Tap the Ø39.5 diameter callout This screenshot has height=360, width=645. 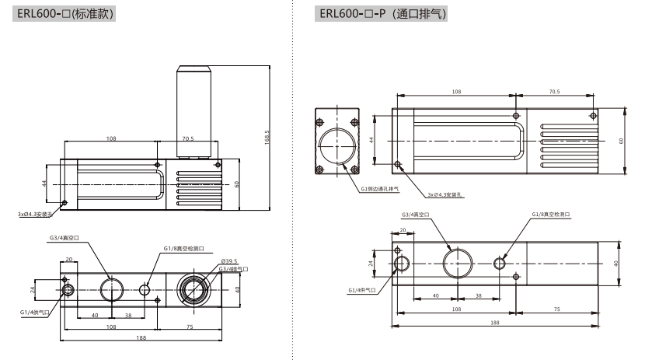[x=228, y=261]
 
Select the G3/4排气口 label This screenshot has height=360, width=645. [x=233, y=269]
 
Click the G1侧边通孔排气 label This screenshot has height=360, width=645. [x=380, y=188]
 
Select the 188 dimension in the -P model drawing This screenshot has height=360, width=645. [x=495, y=323]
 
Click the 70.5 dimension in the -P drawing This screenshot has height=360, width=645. [x=554, y=92]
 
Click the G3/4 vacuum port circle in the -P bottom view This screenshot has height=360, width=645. [x=457, y=262]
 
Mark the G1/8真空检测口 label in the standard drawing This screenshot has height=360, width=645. [x=183, y=249]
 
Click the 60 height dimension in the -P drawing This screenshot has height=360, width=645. [x=622, y=141]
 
